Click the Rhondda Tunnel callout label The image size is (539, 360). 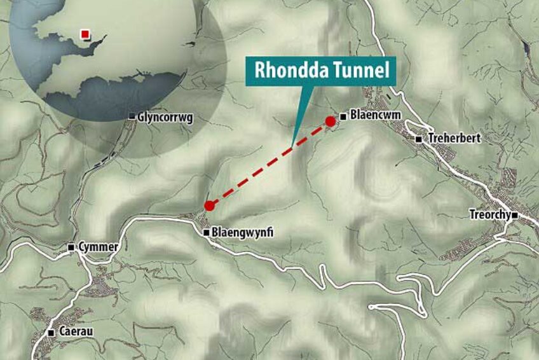[321, 71]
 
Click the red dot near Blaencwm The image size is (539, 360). [330, 121]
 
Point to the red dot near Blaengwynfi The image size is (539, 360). [209, 205]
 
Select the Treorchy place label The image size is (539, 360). [489, 215]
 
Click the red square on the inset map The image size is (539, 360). [84, 33]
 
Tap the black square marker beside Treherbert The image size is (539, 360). [419, 139]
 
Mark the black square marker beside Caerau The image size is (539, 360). [51, 333]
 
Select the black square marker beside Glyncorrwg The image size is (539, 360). [132, 116]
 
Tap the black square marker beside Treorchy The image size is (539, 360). [515, 216]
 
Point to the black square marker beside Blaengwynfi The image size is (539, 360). [206, 233]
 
